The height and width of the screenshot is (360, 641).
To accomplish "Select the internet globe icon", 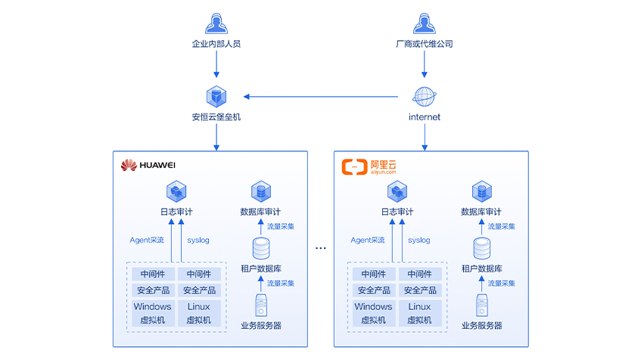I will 425,97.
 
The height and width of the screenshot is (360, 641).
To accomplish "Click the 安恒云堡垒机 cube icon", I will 216,97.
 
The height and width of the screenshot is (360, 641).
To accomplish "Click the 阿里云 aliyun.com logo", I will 370,166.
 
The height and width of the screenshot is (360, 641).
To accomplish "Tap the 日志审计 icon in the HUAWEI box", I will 176,191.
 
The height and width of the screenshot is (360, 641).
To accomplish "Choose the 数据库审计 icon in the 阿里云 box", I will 481,191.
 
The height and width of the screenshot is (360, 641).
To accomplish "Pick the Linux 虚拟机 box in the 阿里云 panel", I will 420,313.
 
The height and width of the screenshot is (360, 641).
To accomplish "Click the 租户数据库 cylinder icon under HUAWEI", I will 261,247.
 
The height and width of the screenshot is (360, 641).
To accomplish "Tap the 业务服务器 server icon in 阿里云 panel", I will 482,306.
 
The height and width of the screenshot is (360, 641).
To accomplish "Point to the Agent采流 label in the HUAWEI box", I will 147,241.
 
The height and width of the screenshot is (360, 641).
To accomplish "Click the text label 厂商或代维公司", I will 425,44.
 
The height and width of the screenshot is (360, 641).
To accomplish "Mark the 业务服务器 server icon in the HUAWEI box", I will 261,306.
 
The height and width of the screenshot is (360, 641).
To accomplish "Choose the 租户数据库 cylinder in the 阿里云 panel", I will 482,247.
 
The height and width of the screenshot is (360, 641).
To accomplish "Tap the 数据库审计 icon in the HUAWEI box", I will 261,191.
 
